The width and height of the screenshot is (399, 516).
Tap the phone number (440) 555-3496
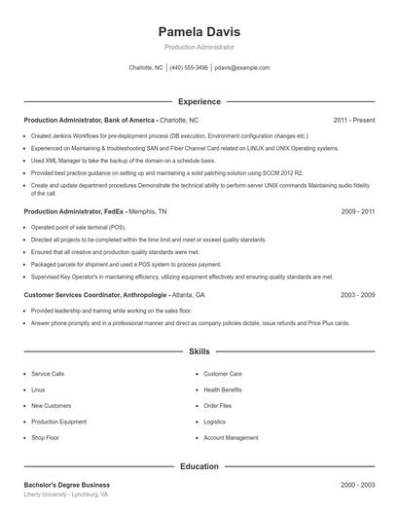pos(189,68)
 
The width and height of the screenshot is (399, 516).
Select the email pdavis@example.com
pos(242,68)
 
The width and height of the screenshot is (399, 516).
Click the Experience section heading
pos(199,101)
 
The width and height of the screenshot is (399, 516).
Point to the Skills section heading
pos(199,350)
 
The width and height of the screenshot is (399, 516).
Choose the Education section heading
pos(199,466)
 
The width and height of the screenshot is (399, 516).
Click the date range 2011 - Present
pos(353,120)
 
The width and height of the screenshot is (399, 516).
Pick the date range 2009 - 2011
pos(358,210)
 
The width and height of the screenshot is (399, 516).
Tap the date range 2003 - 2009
pos(358,294)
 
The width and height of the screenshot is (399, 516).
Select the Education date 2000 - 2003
pos(358,484)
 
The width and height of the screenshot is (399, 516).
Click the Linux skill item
pos(38,389)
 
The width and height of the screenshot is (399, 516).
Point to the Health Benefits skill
pos(223,389)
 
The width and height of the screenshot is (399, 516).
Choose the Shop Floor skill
pos(45,438)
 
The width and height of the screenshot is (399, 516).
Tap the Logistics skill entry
pos(214,422)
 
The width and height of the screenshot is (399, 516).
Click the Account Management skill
pos(231,438)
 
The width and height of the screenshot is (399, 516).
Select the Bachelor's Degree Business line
pos(67,484)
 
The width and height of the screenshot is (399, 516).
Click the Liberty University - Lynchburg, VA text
pos(65,495)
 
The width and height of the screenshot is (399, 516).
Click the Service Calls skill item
pos(48,373)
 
